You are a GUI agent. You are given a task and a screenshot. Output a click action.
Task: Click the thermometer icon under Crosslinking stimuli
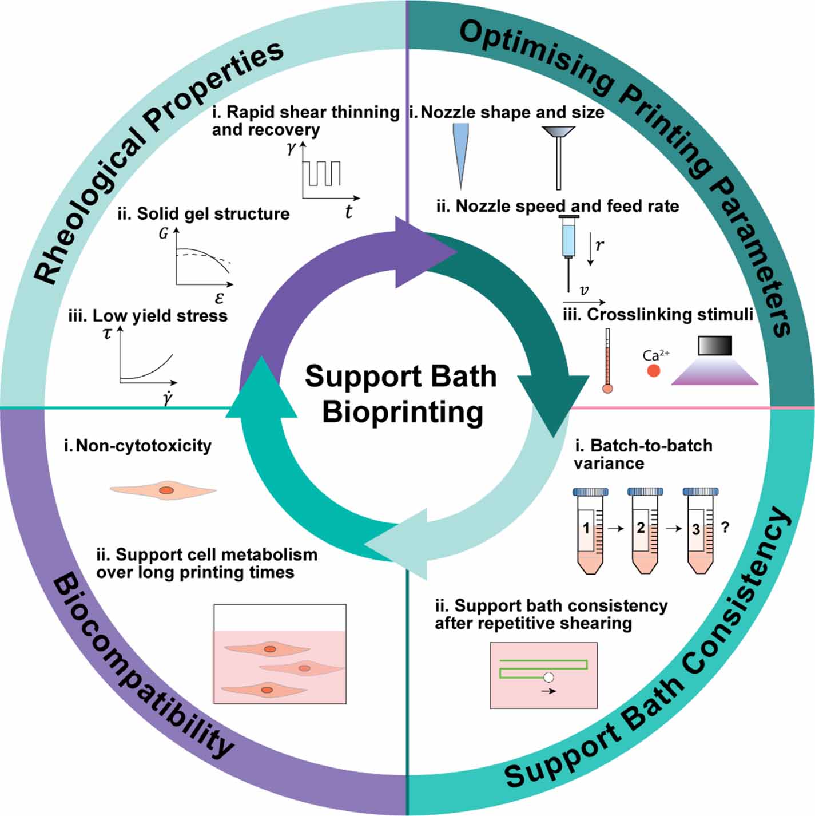pyautogui.click(x=607, y=361)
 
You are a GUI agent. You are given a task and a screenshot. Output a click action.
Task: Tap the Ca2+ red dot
pyautogui.click(x=654, y=371)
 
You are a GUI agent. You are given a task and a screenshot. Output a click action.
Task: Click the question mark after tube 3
pyautogui.click(x=726, y=528)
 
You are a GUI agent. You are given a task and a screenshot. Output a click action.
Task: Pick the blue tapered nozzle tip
pyautogui.click(x=460, y=155)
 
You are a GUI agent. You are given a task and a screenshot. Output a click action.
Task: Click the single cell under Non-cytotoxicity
pyautogui.click(x=164, y=490)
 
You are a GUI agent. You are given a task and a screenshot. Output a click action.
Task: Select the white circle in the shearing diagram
pyautogui.click(x=548, y=678)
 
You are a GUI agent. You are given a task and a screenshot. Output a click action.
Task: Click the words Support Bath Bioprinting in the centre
pyautogui.click(x=401, y=394)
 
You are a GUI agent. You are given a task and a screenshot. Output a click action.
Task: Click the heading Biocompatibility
pyautogui.click(x=143, y=670)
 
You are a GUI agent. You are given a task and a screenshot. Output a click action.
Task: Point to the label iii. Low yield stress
pyautogui.click(x=148, y=316)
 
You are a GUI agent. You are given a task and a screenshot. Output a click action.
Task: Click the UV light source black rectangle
pyautogui.click(x=715, y=346)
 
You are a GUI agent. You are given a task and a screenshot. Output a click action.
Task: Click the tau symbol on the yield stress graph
pyautogui.click(x=107, y=334)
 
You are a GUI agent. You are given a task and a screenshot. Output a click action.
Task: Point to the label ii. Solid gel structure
pyautogui.click(x=204, y=214)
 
